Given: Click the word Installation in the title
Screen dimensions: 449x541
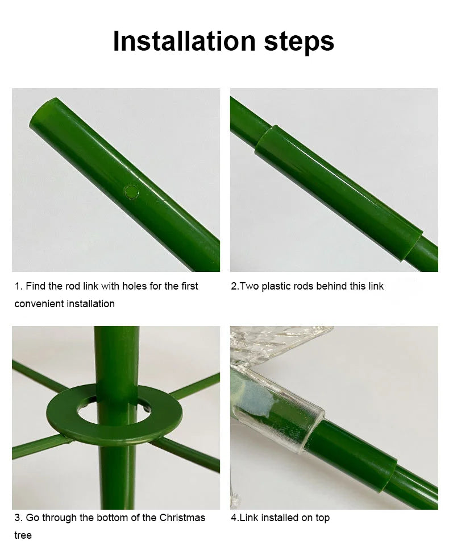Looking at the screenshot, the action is (184, 41).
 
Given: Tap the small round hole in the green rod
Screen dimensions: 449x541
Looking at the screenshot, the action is (131, 192).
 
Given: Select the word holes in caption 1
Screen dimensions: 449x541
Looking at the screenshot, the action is (136, 286).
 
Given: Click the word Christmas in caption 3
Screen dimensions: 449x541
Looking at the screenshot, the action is (182, 518).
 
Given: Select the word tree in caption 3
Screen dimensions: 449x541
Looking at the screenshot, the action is (23, 535).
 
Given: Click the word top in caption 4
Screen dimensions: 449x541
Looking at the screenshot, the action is (322, 518).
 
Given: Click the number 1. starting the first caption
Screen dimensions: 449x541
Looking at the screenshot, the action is (19, 286).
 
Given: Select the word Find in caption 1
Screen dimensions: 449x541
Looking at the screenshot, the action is (36, 286).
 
